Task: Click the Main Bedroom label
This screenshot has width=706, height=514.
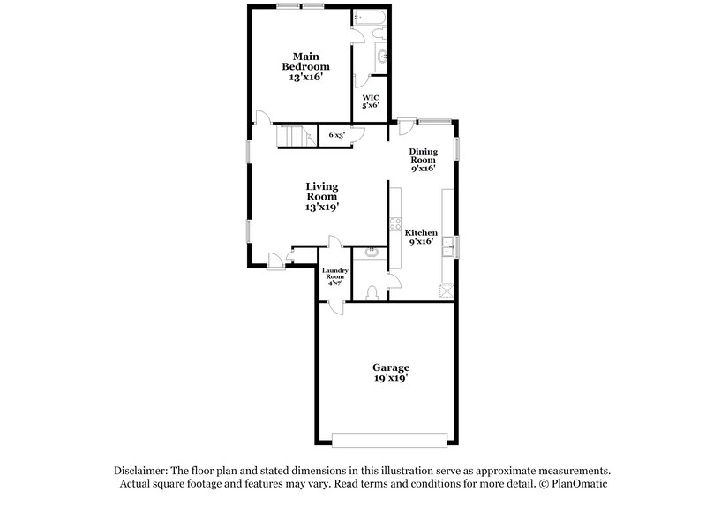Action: coord(305,67)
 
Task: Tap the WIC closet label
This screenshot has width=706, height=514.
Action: coord(370,101)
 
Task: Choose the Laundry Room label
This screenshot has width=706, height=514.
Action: coord(334,277)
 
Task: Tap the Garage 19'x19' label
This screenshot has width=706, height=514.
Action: coord(389,372)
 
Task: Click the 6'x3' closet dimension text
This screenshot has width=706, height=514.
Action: coord(335,135)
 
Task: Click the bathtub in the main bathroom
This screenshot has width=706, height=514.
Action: coord(366,18)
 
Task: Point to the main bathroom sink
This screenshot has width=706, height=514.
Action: coord(381,57)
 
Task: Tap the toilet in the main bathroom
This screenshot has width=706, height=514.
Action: coord(378,34)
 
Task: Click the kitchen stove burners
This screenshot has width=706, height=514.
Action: coord(392,224)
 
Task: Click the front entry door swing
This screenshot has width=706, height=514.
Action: coord(276,258)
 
